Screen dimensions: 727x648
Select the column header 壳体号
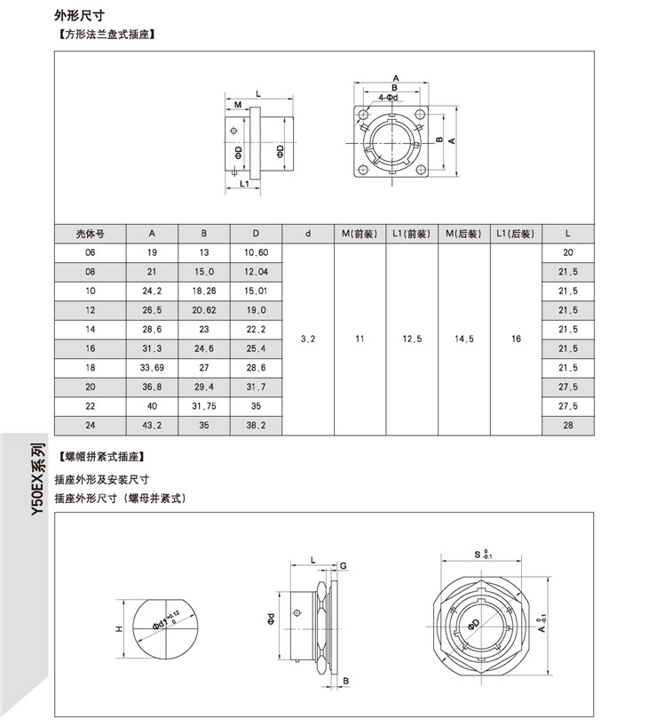pos(91,234)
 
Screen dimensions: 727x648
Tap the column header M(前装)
pos(360,234)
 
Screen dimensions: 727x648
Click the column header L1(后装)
pos(515,234)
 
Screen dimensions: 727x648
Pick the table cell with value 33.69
pos(152,367)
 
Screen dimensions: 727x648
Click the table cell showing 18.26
pos(204,291)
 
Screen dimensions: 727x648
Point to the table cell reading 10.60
pos(256,252)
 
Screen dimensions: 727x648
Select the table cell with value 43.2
pos(152,425)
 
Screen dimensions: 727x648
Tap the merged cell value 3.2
pos(308,339)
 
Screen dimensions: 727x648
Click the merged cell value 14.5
pos(463,339)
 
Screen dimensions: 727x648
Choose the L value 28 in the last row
pos(567,425)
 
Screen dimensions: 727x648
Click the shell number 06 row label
pos(91,252)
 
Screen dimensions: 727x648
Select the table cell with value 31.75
pos(204,405)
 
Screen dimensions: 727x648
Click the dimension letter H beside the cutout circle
pos(118,629)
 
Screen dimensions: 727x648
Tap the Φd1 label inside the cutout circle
pos(165,619)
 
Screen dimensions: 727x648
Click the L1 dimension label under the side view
pos(243,183)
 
